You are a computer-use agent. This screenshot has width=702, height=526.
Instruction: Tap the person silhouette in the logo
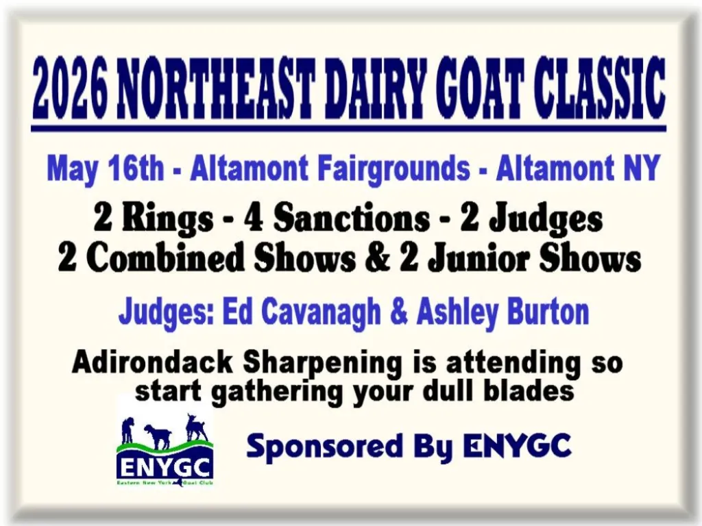point(128,430)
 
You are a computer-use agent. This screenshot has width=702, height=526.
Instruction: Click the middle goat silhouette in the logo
point(158,436)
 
